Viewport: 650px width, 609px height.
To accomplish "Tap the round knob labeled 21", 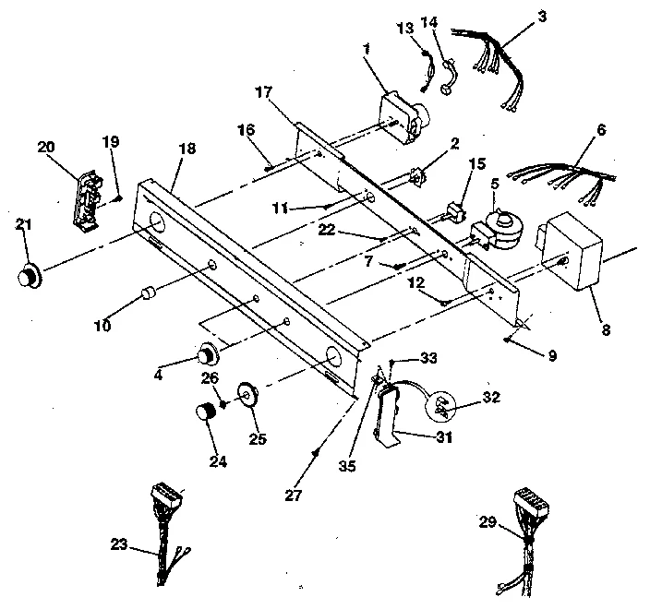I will click(x=29, y=276).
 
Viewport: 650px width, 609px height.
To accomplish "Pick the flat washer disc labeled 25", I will click(x=247, y=394).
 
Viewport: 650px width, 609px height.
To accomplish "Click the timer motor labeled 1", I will click(x=403, y=117).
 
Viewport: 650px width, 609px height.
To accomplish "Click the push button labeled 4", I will click(x=208, y=353).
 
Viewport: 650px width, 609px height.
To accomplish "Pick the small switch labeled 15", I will click(x=454, y=212).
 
